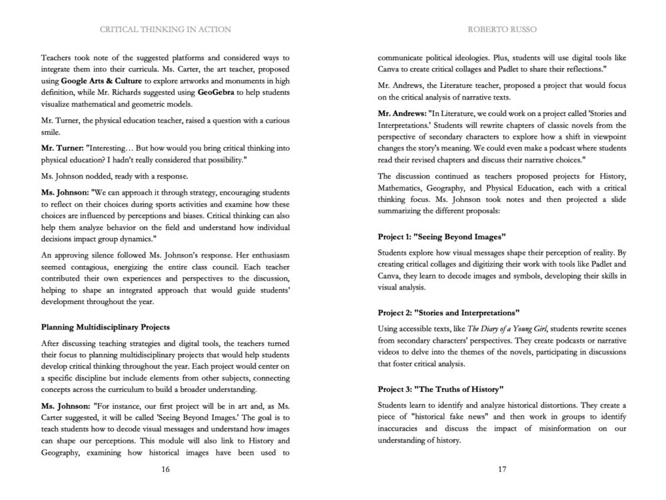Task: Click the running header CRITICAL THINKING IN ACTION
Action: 165,29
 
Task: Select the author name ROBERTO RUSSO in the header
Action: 502,29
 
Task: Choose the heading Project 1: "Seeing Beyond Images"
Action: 442,237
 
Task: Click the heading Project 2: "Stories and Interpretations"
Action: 448,312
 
